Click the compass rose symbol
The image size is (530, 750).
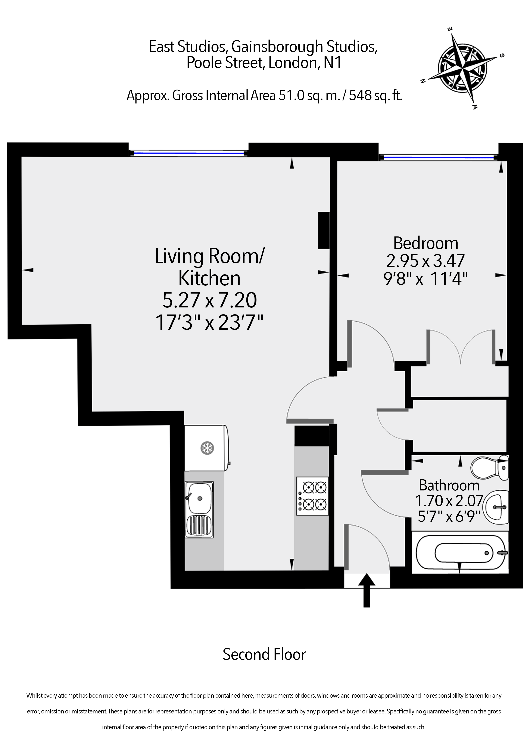[x=463, y=69]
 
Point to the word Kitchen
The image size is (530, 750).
[x=209, y=278]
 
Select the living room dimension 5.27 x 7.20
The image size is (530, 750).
[x=209, y=301]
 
